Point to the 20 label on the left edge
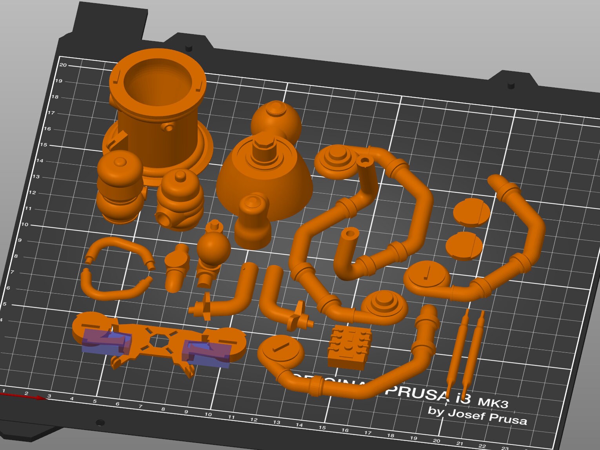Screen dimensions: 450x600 (63, 65)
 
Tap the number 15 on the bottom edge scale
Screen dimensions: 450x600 (322, 428)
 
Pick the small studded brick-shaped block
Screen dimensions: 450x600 (349, 347)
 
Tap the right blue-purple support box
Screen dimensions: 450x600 (206, 354)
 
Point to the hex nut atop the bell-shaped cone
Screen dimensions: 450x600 (264, 146)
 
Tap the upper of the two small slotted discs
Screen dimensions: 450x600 (471, 212)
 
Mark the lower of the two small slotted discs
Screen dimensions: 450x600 (464, 246)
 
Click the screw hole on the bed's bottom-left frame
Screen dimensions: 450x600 (100, 423)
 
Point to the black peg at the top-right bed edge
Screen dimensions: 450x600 (511, 85)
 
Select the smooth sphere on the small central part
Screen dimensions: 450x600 (213, 248)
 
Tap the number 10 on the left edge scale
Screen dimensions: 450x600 (24, 225)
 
